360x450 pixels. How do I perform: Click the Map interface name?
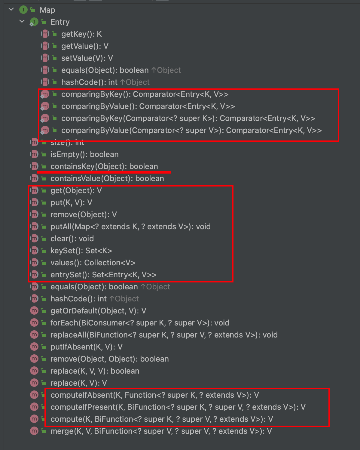(x=47, y=10)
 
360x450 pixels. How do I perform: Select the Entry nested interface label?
(x=60, y=22)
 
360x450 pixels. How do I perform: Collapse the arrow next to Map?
(x=11, y=10)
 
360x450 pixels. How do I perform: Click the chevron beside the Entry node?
(x=22, y=21)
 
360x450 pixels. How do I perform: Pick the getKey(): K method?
(x=81, y=34)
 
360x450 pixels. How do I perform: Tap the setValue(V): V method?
(x=87, y=58)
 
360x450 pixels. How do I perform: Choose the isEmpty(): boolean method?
(x=84, y=155)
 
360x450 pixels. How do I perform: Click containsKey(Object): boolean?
(x=104, y=167)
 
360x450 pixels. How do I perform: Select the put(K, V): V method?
(x=71, y=203)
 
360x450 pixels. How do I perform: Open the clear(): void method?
(x=72, y=239)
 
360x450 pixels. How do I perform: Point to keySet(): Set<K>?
(x=81, y=251)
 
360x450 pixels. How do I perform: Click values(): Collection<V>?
(x=93, y=263)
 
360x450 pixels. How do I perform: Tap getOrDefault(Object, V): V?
(x=98, y=311)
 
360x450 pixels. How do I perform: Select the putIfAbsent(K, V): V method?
(x=86, y=347)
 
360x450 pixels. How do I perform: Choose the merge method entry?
(x=161, y=431)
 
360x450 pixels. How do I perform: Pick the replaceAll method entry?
(x=164, y=335)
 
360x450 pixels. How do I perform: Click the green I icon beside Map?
(x=23, y=10)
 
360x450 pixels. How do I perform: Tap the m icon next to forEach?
(x=34, y=323)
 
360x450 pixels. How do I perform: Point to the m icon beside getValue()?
(x=45, y=46)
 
